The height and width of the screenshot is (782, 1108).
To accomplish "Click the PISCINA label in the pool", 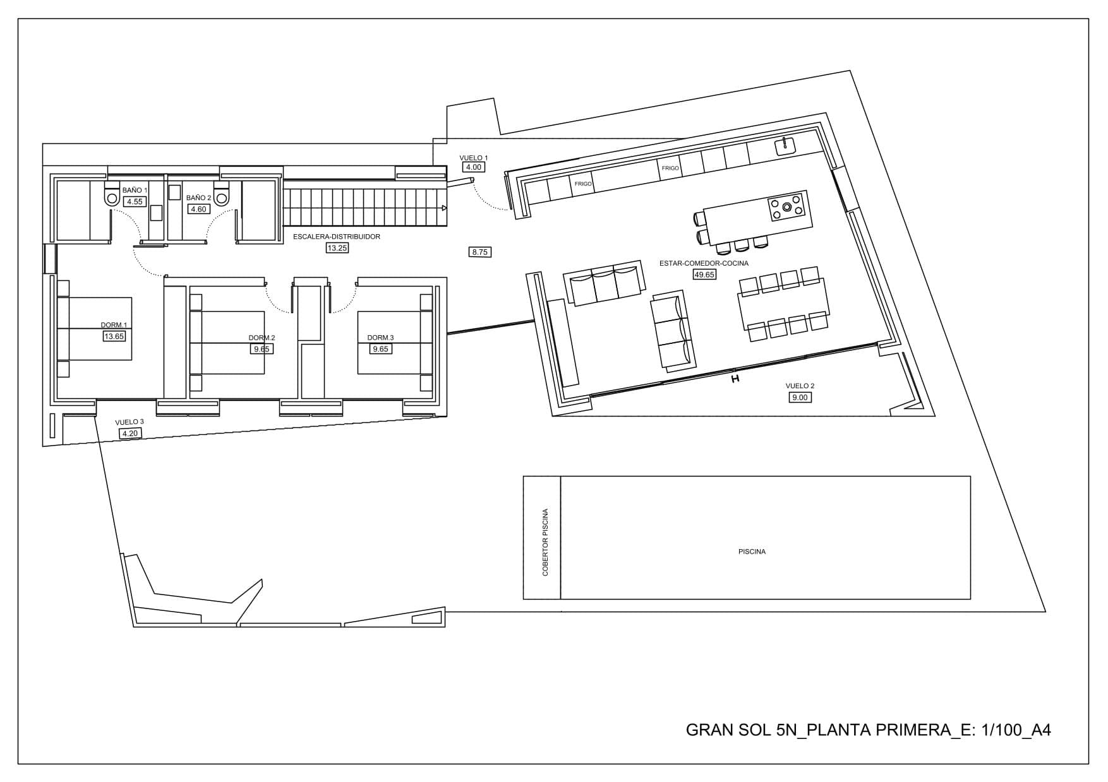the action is pos(752,552).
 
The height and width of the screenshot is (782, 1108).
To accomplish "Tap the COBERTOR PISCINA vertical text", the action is pos(545,543).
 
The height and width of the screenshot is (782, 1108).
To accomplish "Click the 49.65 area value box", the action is pos(704,275).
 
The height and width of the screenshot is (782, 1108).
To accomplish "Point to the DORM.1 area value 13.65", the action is pos(114,336).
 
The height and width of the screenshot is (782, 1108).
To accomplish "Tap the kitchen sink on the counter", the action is pos(785,146).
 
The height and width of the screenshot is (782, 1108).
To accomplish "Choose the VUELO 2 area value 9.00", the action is pos(800,397).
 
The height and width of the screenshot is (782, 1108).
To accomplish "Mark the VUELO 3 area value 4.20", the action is pos(129,433).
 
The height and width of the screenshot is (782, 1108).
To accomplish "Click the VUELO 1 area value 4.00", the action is pos(473,167).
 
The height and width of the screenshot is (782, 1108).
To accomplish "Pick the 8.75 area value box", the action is pos(480,252).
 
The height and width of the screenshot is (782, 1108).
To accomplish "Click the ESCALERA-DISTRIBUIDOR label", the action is pos(337,237).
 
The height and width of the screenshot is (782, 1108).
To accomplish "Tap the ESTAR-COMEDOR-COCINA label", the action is pos(704,263).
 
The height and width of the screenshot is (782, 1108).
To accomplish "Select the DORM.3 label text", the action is pos(380,338).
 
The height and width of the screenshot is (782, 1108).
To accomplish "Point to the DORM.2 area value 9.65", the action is pos(262,349).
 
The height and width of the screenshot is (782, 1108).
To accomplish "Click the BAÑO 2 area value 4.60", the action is pos(198,209).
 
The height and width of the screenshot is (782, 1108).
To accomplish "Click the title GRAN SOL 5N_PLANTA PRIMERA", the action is pos(818,730).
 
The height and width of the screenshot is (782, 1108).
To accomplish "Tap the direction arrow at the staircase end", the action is pos(445,207).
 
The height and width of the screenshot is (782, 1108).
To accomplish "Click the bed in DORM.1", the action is pos(94,328).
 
